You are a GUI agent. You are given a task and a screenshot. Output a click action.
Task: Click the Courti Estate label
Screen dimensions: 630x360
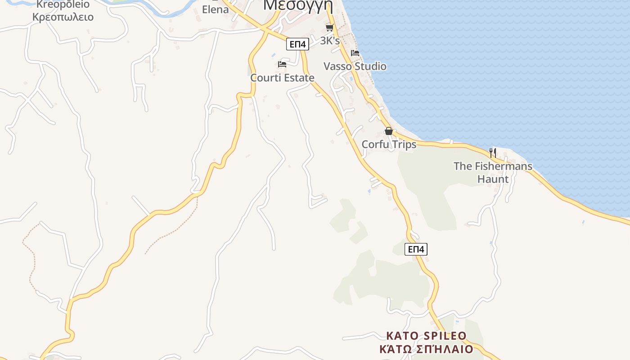click(x=282, y=78)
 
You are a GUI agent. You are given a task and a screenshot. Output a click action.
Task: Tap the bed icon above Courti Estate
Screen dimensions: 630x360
click(x=282, y=64)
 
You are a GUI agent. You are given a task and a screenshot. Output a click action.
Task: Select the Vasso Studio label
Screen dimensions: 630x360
click(x=355, y=67)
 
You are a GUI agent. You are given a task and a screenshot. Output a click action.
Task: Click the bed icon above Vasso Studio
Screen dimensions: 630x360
click(x=355, y=53)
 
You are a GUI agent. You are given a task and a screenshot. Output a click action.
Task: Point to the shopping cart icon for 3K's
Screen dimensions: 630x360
click(x=329, y=27)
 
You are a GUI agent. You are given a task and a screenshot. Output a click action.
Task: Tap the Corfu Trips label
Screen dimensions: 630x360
click(x=389, y=144)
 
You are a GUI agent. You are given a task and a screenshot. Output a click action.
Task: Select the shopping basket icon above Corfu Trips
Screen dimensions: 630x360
click(x=389, y=131)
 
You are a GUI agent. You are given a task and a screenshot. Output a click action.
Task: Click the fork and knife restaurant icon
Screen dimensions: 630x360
click(x=493, y=153)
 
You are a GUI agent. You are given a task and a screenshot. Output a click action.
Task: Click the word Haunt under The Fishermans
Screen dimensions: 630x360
click(x=493, y=179)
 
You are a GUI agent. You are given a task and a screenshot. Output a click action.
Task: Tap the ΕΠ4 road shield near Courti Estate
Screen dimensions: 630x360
click(x=297, y=44)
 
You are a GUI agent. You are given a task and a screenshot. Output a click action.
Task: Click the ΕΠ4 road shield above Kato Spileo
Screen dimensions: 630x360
click(x=416, y=249)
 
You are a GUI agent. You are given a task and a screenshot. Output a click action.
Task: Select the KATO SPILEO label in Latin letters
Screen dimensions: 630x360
click(x=426, y=336)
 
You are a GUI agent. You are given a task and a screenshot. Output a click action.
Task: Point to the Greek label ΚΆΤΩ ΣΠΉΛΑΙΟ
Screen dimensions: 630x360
click(x=426, y=349)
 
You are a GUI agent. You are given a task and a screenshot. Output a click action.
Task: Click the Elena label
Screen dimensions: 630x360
click(x=215, y=9)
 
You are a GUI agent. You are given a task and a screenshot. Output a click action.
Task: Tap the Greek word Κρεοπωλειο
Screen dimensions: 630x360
click(x=63, y=17)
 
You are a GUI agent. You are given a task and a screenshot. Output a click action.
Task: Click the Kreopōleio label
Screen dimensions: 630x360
click(x=63, y=4)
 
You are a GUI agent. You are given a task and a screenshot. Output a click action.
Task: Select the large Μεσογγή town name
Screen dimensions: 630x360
click(x=298, y=4)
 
